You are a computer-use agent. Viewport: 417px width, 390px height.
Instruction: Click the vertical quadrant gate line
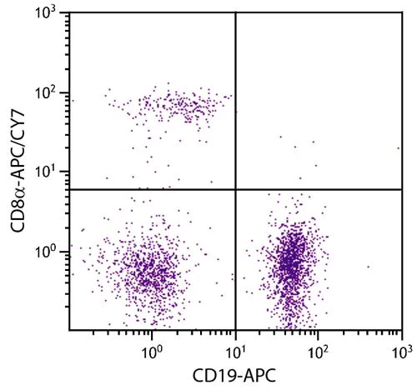tap(236, 100)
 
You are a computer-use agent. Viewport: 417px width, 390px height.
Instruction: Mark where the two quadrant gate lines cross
tap(236, 189)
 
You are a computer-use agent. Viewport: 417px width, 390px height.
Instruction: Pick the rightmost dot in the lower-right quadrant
tap(368, 267)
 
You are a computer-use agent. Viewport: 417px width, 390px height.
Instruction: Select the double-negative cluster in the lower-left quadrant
tap(150, 271)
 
